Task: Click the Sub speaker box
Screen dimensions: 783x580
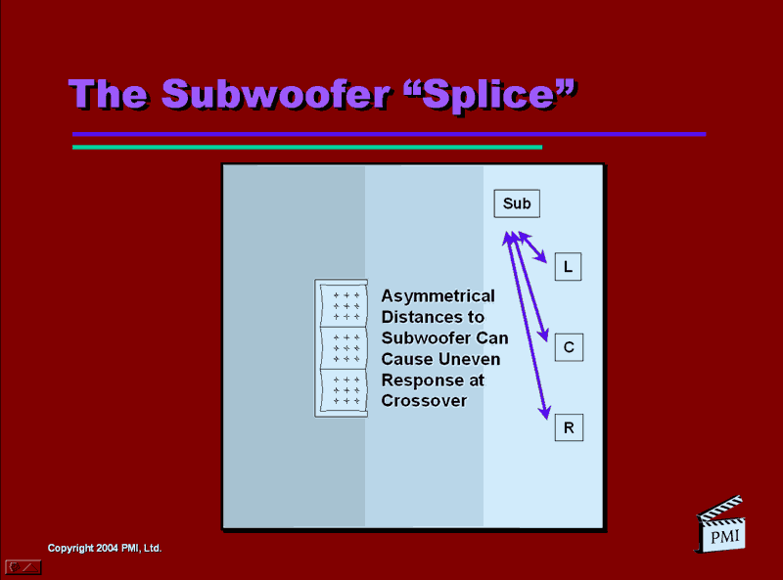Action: pyautogui.click(x=517, y=203)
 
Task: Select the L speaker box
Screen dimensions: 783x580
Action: pyautogui.click(x=569, y=267)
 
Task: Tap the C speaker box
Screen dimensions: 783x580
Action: pyautogui.click(x=569, y=347)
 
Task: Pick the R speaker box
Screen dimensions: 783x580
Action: pyautogui.click(x=569, y=427)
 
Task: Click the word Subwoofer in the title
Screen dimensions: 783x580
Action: pyautogui.click(x=276, y=94)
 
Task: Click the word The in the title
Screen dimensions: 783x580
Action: pyautogui.click(x=109, y=94)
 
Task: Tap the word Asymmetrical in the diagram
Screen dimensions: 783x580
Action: pyautogui.click(x=438, y=296)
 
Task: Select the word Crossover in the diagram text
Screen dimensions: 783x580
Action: pyautogui.click(x=424, y=401)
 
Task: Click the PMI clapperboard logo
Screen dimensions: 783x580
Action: pyautogui.click(x=720, y=524)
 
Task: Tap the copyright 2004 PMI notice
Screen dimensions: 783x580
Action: pyautogui.click(x=105, y=548)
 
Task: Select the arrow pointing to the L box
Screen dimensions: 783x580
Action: pyautogui.click(x=532, y=247)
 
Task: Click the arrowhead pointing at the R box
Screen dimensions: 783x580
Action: pyautogui.click(x=545, y=413)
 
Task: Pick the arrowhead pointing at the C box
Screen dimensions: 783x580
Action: pyautogui.click(x=543, y=334)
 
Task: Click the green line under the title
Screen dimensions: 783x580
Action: pyautogui.click(x=307, y=148)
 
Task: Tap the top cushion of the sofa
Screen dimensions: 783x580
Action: pyautogui.click(x=345, y=305)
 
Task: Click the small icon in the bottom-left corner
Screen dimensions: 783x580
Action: pyautogui.click(x=23, y=567)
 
